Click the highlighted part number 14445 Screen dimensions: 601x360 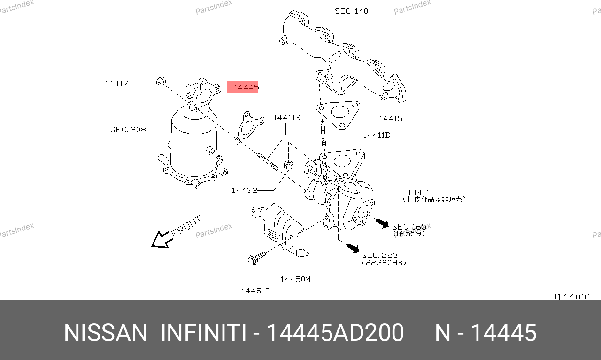point(247,87)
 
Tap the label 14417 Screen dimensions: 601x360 point(116,84)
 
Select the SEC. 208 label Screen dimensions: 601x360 point(128,130)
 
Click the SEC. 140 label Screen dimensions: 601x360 point(352,11)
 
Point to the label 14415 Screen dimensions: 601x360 point(391,119)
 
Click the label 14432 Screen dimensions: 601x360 point(244,191)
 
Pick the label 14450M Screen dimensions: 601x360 point(295,280)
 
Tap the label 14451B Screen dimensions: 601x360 point(256,291)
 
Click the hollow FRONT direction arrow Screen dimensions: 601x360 point(161,239)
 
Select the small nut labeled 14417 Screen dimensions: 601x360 point(161,81)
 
